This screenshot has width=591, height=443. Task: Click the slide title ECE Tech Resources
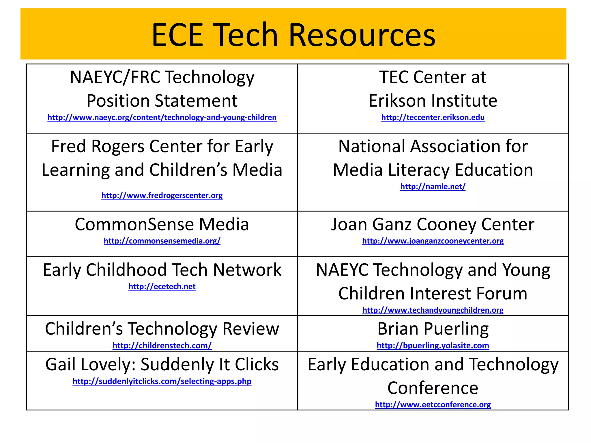click(293, 35)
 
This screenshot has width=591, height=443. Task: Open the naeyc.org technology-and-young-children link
click(162, 117)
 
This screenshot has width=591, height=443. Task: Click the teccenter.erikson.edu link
click(433, 117)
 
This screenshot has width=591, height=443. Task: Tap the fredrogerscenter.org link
click(162, 196)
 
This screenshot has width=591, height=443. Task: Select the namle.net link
click(433, 187)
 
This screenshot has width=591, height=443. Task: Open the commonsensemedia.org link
click(162, 241)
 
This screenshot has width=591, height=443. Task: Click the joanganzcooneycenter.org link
click(433, 241)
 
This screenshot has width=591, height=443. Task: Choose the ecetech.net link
click(162, 286)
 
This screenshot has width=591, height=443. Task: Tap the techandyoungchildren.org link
click(433, 310)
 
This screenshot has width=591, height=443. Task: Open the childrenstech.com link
click(162, 346)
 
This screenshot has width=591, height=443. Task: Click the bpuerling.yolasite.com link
click(433, 346)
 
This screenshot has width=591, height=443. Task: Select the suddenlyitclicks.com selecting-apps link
click(162, 381)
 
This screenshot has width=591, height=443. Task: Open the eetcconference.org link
click(433, 405)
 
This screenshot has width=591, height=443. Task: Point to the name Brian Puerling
click(433, 329)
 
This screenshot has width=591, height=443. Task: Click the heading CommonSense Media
click(162, 224)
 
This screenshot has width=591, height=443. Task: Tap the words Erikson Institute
click(433, 101)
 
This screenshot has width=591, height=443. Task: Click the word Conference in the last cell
click(433, 388)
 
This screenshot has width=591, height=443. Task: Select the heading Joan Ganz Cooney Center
click(433, 224)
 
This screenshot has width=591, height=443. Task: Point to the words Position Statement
click(162, 101)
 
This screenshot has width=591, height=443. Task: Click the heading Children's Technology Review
click(162, 329)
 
